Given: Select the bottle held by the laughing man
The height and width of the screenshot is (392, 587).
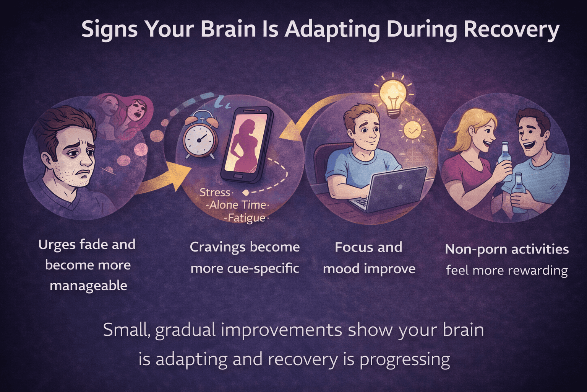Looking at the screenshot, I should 519,193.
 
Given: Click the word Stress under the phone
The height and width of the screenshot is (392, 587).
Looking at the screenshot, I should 215,192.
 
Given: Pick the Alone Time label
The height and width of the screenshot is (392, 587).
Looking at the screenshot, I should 237,205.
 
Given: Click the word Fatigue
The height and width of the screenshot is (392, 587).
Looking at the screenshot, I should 246,218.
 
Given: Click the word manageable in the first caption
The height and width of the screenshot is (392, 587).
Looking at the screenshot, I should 88,286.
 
